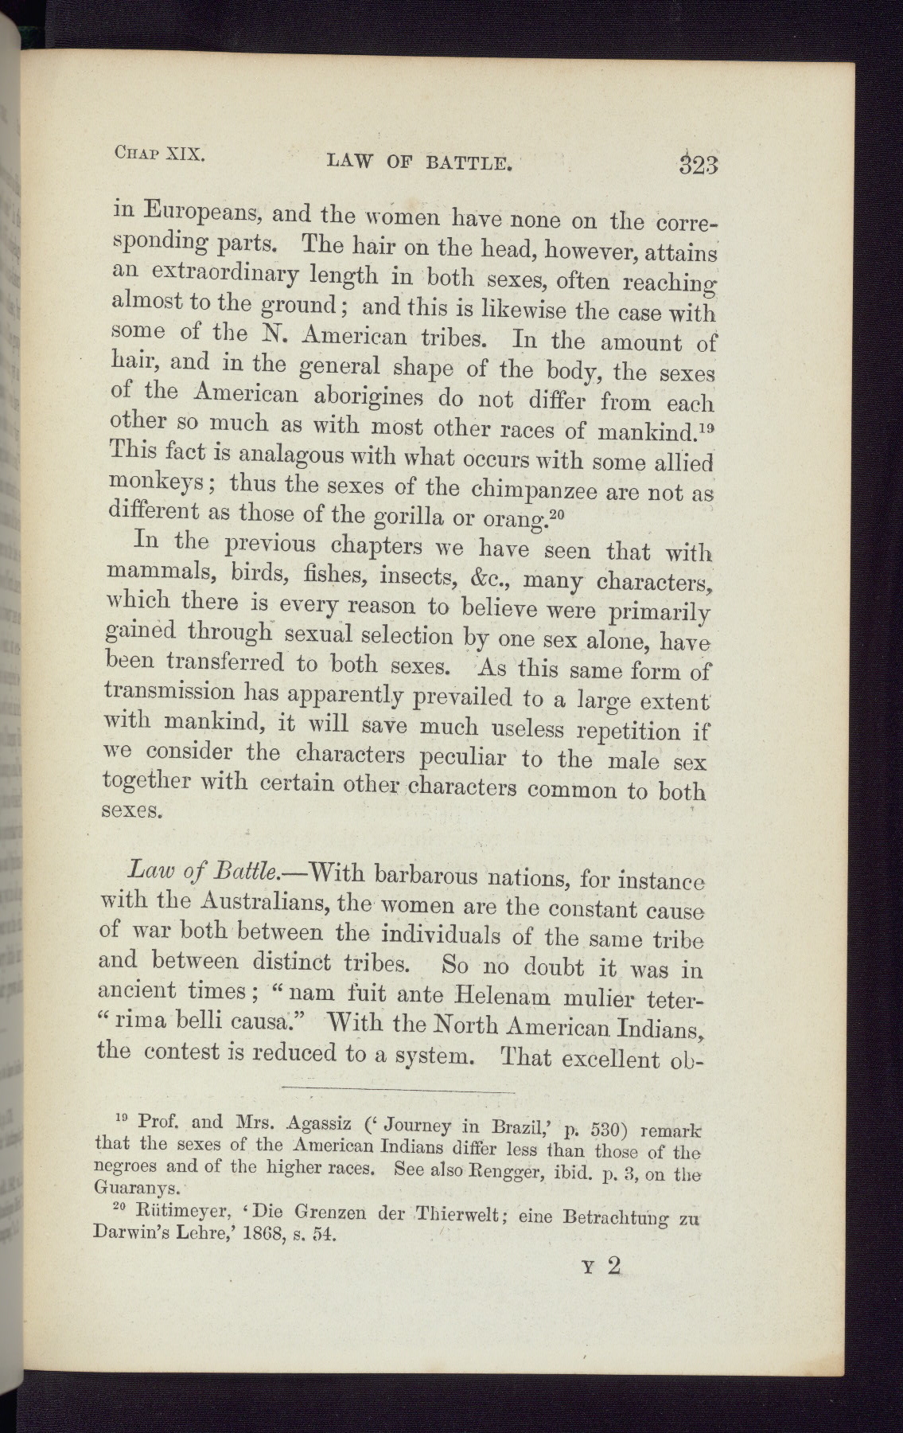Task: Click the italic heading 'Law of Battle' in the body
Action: click(x=204, y=870)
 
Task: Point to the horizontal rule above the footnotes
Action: click(x=398, y=1087)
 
